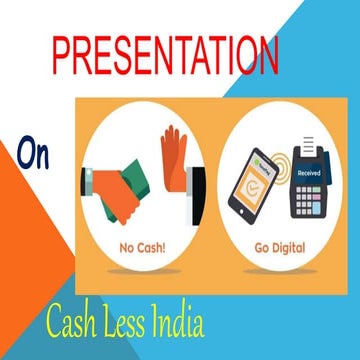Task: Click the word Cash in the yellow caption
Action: [x=75, y=323]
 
